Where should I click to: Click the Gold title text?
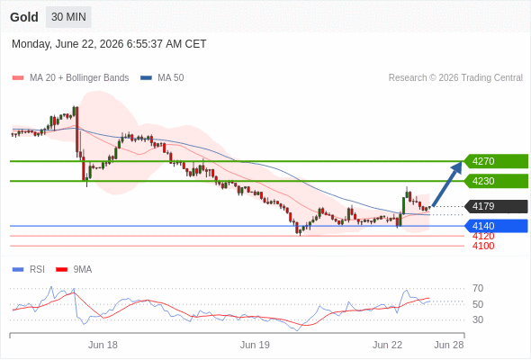click(24, 17)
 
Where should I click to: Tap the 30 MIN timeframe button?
click(68, 17)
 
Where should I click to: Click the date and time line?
click(109, 44)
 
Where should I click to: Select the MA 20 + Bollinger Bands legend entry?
click(70, 78)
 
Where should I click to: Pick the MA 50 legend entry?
click(162, 78)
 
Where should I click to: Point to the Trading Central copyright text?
click(455, 78)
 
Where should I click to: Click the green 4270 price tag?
click(495, 161)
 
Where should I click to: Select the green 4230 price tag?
click(495, 181)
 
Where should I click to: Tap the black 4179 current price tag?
click(495, 206)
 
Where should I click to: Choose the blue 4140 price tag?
click(495, 226)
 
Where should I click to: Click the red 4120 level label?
click(483, 236)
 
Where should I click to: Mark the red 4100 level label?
click(483, 246)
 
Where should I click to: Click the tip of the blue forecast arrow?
click(461, 161)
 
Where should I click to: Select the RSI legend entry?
click(29, 270)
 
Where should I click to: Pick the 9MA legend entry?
click(74, 270)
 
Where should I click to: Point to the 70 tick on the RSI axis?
click(478, 289)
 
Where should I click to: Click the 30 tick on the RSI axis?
click(478, 319)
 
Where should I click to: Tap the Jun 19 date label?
click(255, 345)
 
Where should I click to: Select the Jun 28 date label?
click(449, 345)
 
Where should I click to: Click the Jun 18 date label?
click(103, 345)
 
